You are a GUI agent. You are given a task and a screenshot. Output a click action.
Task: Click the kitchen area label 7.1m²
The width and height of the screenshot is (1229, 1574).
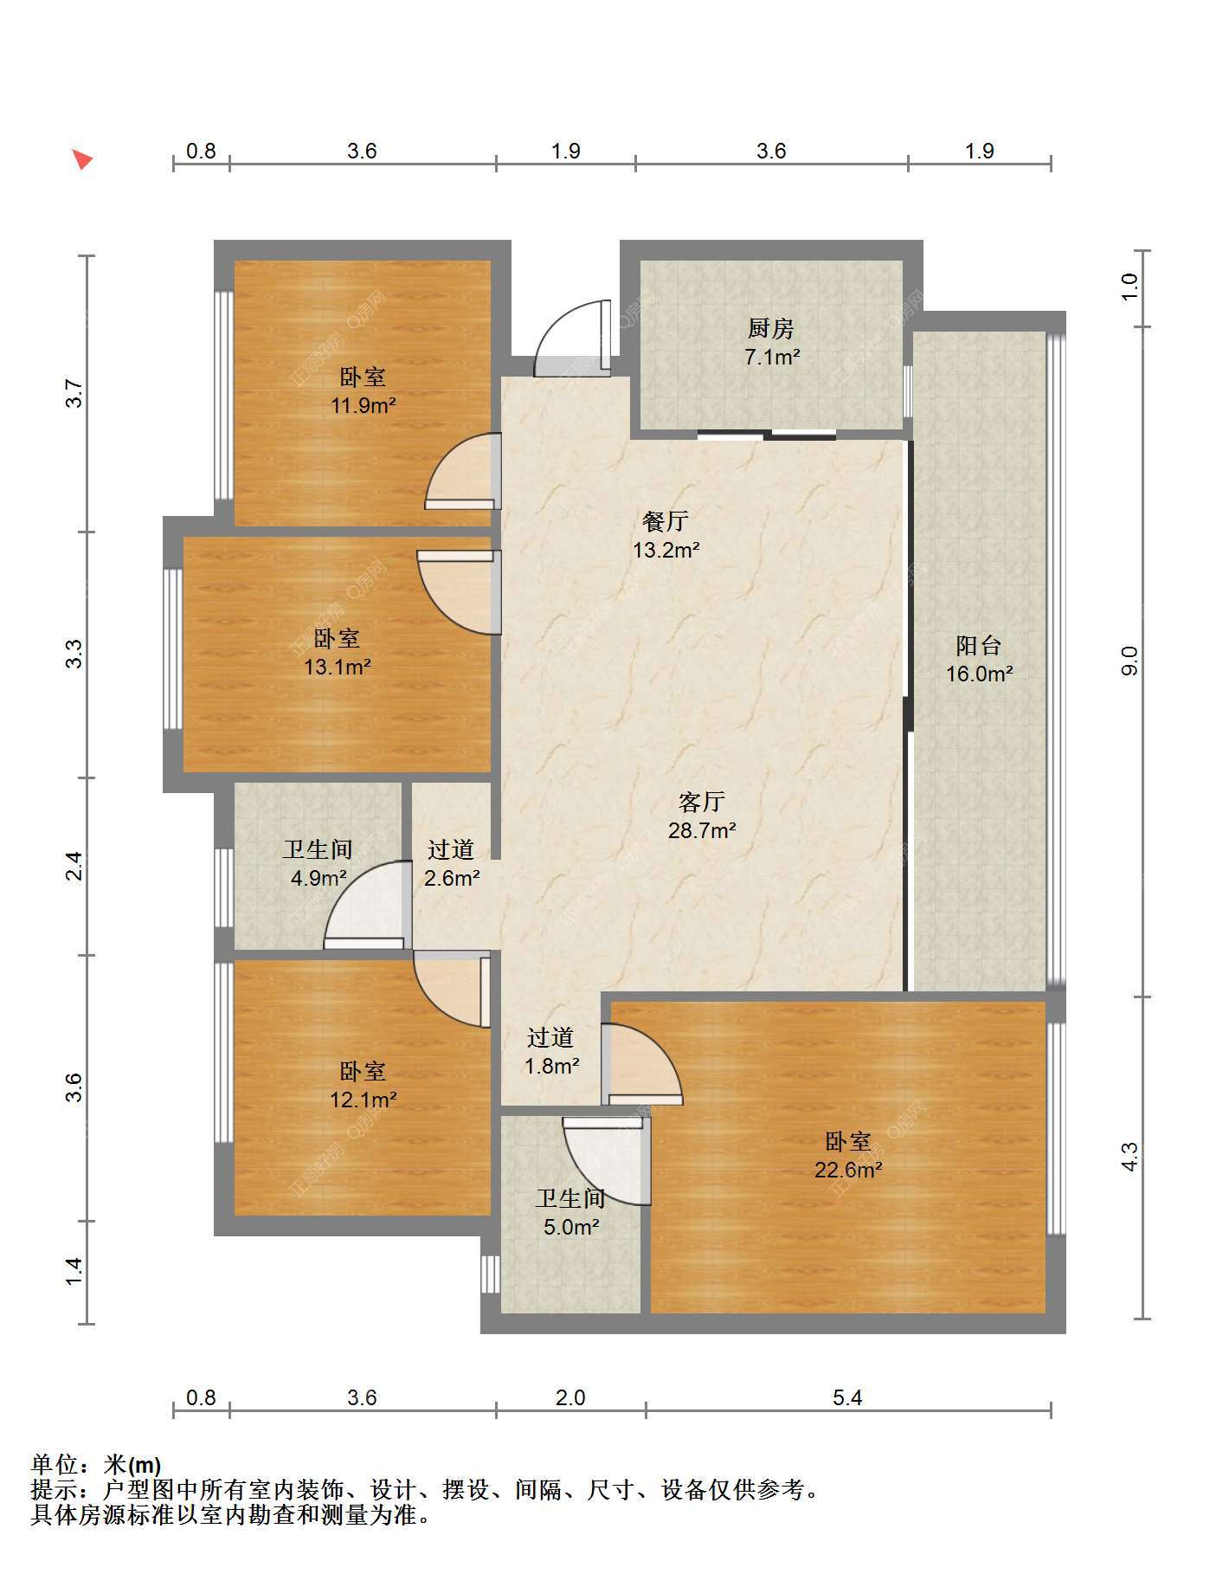click(x=772, y=357)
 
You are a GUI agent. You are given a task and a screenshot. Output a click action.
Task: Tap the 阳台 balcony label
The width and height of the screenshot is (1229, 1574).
click(x=979, y=645)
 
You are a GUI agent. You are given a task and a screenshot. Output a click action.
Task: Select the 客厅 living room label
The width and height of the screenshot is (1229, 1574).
click(x=701, y=802)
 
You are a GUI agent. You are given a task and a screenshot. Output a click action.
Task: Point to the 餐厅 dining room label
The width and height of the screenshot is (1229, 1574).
click(x=666, y=521)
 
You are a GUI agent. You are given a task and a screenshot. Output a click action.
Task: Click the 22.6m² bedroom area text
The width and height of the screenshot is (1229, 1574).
click(x=848, y=1170)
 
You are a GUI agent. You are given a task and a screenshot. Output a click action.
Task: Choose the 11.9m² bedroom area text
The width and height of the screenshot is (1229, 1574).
click(x=364, y=404)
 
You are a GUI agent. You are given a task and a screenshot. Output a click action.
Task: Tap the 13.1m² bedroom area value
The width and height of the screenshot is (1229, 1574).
click(x=338, y=667)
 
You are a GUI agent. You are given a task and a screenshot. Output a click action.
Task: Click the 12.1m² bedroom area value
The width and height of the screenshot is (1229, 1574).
click(x=364, y=1100)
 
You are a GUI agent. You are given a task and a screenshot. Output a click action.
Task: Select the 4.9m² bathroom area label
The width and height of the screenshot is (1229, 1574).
click(x=319, y=878)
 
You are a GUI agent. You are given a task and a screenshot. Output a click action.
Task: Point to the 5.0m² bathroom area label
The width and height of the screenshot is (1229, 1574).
click(x=571, y=1227)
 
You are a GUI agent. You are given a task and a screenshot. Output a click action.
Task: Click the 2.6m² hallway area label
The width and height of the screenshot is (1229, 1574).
click(x=452, y=878)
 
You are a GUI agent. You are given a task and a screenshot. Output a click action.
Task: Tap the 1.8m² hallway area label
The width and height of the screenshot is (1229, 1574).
click(x=551, y=1066)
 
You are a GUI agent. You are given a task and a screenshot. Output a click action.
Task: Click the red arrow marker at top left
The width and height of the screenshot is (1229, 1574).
click(x=82, y=160)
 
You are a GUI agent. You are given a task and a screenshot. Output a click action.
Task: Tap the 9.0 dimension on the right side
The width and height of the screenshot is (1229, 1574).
click(x=1129, y=661)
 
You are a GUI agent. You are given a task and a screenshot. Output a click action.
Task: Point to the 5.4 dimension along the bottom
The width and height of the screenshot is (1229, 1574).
click(x=847, y=1397)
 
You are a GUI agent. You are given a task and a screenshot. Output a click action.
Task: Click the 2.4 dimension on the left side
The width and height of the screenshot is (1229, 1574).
click(x=74, y=867)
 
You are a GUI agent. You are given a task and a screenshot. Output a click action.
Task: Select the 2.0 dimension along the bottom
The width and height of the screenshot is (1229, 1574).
click(x=570, y=1397)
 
